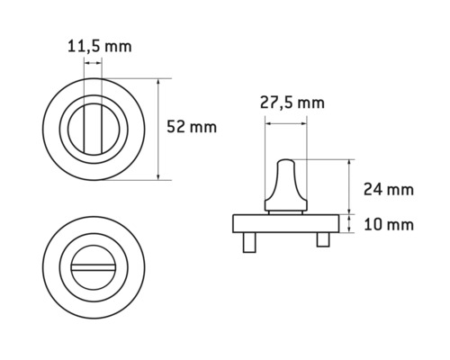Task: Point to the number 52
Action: click(178, 127)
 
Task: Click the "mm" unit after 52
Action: click(204, 127)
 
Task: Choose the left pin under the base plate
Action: click(247, 240)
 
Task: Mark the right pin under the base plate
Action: click(320, 240)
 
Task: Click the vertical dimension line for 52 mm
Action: click(159, 129)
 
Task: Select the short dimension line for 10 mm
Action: click(348, 224)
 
